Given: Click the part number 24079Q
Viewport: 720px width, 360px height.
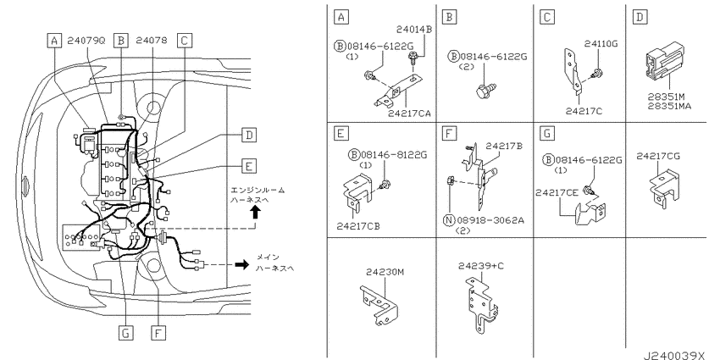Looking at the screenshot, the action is [86, 41].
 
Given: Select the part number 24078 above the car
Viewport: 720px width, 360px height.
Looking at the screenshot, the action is [152, 41].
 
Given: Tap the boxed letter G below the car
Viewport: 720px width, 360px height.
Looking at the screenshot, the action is [125, 332].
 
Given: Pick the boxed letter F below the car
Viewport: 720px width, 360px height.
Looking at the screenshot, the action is [158, 332].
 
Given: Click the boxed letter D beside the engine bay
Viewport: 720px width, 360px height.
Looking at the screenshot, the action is [248, 135].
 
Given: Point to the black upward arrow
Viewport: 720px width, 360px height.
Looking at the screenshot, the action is [256, 212].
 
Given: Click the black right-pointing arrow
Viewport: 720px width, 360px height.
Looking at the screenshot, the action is [241, 264].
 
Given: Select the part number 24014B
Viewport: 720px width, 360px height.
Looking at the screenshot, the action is [414, 30].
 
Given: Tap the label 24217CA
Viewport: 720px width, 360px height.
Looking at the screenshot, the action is [410, 114].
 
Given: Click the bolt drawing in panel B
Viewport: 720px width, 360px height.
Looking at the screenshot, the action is [486, 90].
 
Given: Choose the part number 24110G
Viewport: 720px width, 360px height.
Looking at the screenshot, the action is [601, 44].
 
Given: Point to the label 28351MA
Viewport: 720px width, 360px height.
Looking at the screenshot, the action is [669, 106].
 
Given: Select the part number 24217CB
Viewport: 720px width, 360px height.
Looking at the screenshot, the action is [358, 226].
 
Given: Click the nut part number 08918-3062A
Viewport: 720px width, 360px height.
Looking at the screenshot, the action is [490, 220].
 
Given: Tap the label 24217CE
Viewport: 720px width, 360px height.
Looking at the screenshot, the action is [557, 193].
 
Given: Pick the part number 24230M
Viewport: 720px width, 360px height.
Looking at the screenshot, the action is [385, 272].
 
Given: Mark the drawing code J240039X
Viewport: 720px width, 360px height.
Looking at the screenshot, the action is [673, 356].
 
